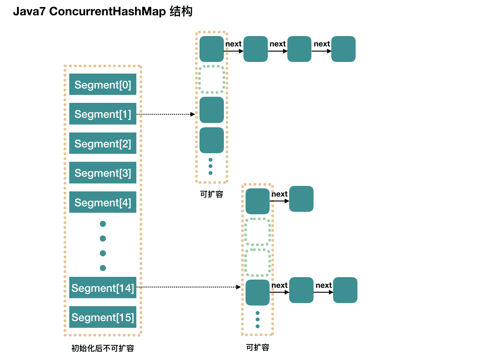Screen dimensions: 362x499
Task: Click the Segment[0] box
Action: click(x=102, y=85)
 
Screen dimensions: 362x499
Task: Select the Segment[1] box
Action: click(x=102, y=114)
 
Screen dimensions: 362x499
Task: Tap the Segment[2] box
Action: click(x=102, y=143)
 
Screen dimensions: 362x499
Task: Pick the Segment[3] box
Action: click(x=102, y=173)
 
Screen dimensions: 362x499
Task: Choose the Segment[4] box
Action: click(x=102, y=202)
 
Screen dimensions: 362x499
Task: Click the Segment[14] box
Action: click(x=102, y=288)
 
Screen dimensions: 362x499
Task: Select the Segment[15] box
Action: click(x=102, y=317)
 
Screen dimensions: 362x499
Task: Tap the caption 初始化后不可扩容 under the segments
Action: click(x=102, y=348)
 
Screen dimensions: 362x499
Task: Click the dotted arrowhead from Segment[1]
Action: click(x=193, y=114)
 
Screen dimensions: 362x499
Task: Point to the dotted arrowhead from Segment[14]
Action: click(x=239, y=287)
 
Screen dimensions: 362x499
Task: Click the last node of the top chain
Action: click(x=343, y=49)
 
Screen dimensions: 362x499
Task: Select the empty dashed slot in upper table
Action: click(x=212, y=79)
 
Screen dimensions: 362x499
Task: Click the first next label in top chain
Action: click(x=233, y=44)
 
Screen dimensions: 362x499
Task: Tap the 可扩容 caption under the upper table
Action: click(x=212, y=194)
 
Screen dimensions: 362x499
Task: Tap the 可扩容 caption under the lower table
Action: click(x=258, y=347)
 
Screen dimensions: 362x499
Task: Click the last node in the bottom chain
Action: click(x=345, y=290)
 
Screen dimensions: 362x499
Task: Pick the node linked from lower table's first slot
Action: click(x=301, y=199)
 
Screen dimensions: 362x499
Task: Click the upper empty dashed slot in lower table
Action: click(x=258, y=232)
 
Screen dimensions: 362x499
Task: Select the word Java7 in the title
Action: click(x=29, y=11)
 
